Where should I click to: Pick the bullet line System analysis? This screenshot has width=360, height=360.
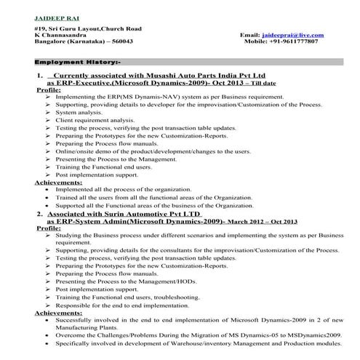(79, 113)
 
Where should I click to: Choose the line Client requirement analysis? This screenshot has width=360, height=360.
(95, 120)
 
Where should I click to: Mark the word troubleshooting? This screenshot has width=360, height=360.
(175, 297)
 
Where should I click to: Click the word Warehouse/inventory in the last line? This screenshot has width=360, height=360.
(207, 343)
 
